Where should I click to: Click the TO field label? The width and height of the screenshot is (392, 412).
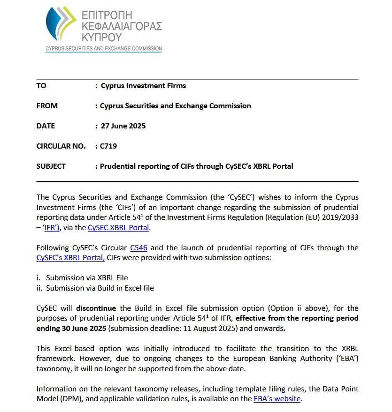tap(41, 86)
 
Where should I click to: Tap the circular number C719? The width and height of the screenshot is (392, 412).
tap(108, 146)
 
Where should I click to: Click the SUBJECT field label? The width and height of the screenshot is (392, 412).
tap(51, 166)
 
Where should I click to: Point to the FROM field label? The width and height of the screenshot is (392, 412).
tap(47, 106)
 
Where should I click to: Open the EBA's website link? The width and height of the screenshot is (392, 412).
tap(277, 399)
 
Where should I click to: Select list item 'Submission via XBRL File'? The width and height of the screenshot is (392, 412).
tap(87, 277)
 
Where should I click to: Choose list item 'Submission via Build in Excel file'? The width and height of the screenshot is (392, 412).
tap(100, 288)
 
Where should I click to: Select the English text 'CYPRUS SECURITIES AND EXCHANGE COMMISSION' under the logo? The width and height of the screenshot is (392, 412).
tap(103, 49)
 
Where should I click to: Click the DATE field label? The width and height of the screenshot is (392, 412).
tap(46, 126)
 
